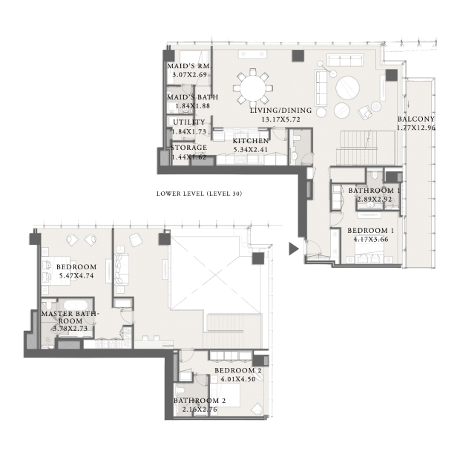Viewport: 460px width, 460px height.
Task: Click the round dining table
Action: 253,88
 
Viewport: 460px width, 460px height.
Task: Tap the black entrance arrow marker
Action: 294,249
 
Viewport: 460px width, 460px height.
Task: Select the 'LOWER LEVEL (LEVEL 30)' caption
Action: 199,194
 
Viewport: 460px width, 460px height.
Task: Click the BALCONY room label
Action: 416,119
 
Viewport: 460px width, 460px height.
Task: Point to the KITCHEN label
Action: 251,141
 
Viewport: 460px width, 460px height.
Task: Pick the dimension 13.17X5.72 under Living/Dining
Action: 280,119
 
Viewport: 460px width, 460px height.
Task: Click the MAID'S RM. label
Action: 189,66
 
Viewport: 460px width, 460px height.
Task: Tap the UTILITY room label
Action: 189,122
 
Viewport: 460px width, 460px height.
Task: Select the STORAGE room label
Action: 189,147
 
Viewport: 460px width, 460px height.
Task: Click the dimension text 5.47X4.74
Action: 76,276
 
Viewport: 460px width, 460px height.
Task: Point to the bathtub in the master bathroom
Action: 76,305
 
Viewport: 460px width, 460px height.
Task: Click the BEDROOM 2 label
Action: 238,370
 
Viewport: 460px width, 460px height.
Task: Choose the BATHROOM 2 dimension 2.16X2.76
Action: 200,410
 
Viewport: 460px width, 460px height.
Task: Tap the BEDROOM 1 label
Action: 371,231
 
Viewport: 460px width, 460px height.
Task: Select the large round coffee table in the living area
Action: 348,88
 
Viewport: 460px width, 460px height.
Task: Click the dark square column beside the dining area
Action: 298,56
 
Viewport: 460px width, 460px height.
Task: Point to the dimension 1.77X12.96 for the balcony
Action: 416,128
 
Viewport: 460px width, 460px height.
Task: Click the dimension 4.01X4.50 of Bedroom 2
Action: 238,379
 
